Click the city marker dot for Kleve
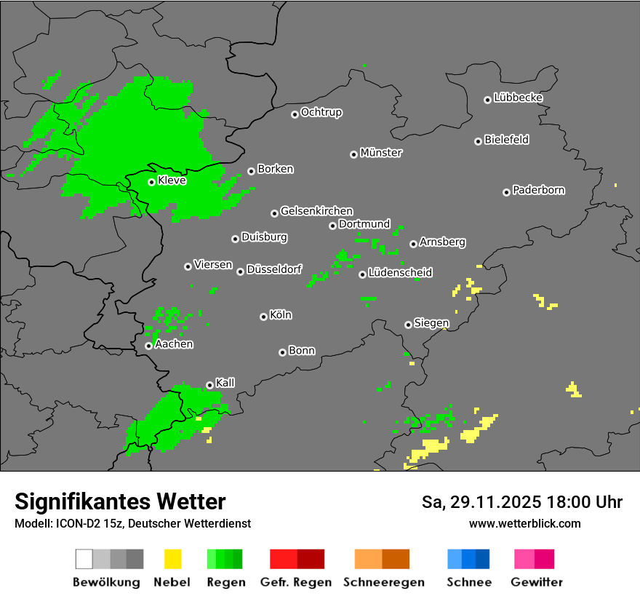pos(151,182)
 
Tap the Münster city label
pos(381,153)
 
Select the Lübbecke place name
pos(518,98)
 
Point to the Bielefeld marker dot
pos(478,141)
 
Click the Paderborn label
pos(538,190)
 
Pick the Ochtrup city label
pos(321,112)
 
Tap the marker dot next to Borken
pos(251,171)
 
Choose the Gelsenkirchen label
pos(316,211)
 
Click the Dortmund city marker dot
pos(332,226)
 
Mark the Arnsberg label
pos(442,242)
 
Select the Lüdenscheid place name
pos(400,272)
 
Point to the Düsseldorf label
pos(274,269)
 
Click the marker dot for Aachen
pos(148,346)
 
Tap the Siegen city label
pos(431,323)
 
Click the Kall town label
pos(225,383)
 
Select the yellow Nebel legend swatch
pos(172,559)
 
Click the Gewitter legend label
pos(537,582)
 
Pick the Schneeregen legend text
pos(384,582)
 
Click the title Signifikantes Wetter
pos(120,501)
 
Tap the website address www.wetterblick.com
pos(524,523)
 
